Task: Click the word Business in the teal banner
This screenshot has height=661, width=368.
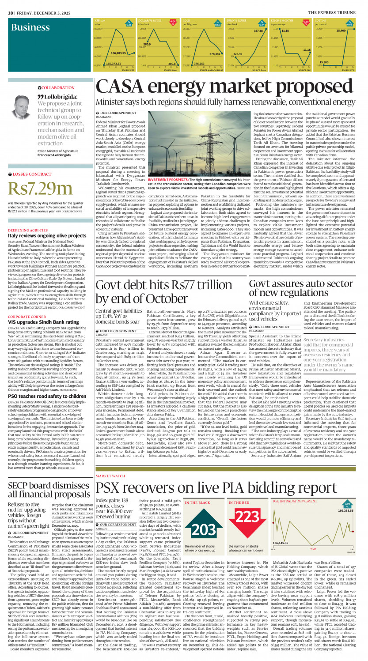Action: coord(30,27)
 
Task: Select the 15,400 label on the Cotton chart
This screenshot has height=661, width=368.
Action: coord(341,30)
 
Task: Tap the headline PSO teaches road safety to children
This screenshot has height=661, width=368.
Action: coord(46,371)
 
